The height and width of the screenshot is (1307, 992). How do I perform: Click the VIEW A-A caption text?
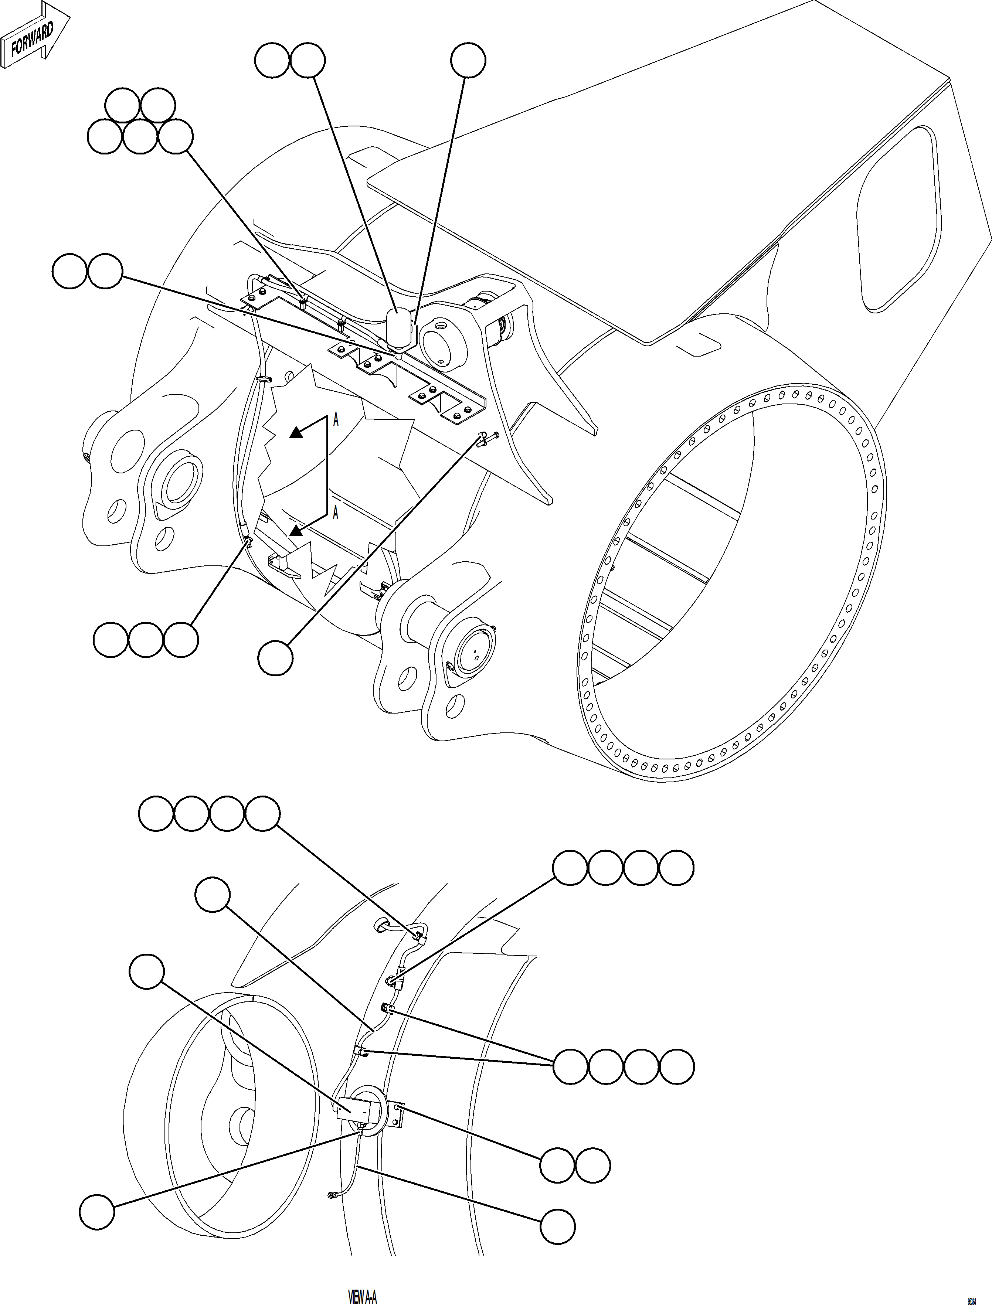click(362, 1297)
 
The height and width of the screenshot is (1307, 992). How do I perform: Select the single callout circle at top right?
click(468, 59)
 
